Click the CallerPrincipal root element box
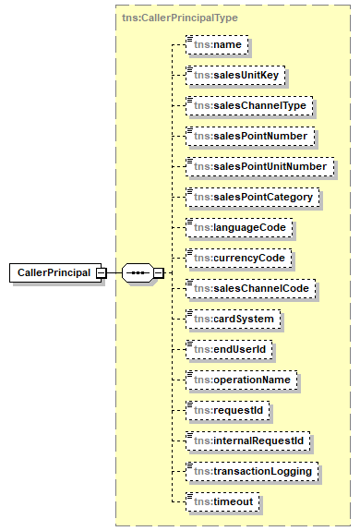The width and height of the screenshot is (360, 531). point(54,273)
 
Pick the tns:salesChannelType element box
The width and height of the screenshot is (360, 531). point(247,104)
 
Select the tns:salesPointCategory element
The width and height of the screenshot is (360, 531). point(252,197)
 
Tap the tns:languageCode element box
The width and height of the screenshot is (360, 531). point(238,227)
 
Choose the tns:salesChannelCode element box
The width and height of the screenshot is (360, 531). point(250,288)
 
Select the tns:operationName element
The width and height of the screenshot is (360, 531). point(241,380)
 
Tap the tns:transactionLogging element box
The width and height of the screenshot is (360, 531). point(252,471)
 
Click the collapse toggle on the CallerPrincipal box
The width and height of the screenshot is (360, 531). point(101,273)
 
